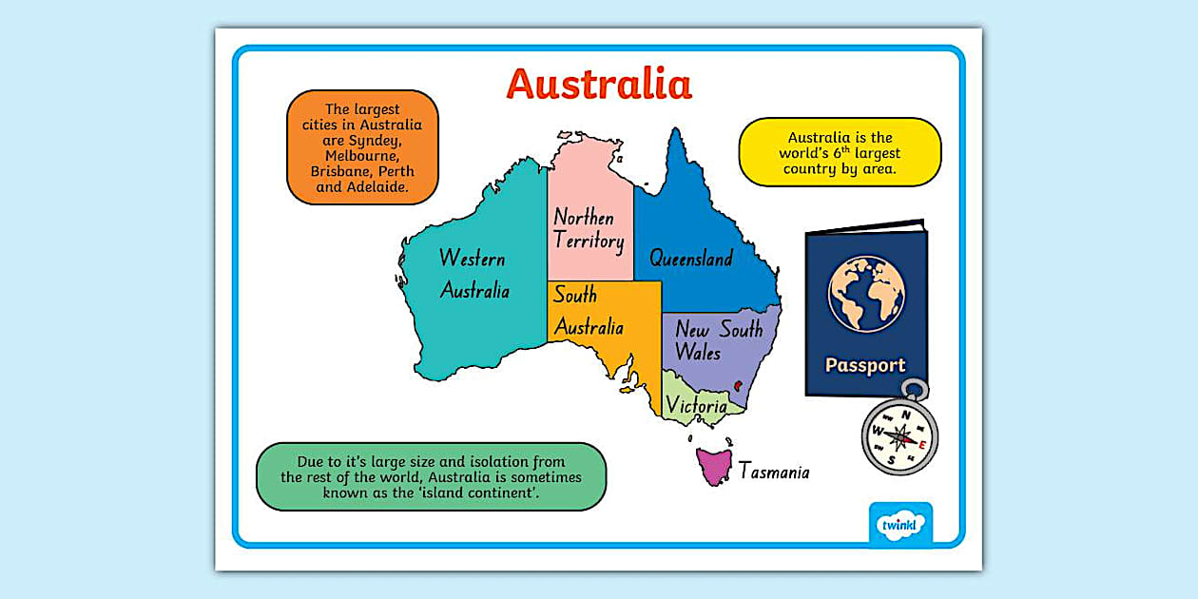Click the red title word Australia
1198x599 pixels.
click(x=599, y=84)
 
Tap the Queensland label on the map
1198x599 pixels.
click(x=691, y=258)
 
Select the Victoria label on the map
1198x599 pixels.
click(x=696, y=406)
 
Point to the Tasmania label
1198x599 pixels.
click(x=774, y=471)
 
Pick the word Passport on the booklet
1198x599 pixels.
click(x=864, y=365)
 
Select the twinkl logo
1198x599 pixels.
click(x=900, y=524)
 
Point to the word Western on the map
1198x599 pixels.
click(x=472, y=259)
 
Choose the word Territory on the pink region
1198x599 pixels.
click(x=589, y=242)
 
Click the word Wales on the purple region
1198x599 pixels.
click(x=698, y=352)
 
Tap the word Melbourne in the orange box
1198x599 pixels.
click(x=361, y=156)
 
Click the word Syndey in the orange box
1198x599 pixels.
click(x=390, y=140)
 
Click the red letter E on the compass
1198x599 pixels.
click(x=922, y=440)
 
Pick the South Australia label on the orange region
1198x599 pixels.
click(x=589, y=311)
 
